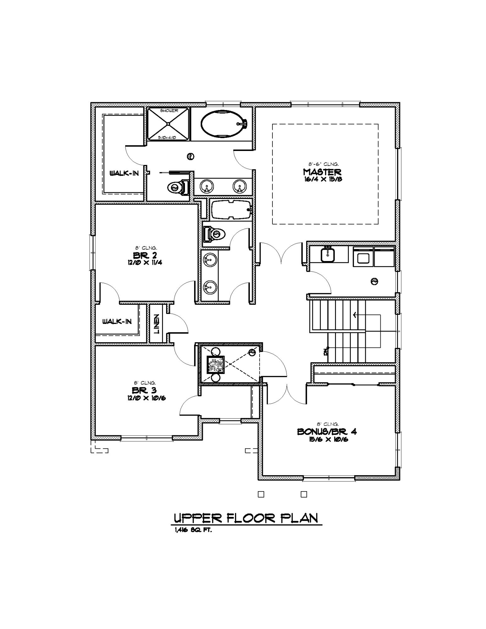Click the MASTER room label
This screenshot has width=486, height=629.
pos(322,172)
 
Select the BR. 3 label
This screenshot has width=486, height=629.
pos(144,390)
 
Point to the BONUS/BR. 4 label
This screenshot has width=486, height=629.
pos(327,431)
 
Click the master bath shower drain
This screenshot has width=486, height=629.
pos(169,124)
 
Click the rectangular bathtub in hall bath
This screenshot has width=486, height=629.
pos(232,210)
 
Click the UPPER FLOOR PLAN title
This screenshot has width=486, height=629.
pos(246,518)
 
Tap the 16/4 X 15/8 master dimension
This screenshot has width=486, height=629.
pos(322,179)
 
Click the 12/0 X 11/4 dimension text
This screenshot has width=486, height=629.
pos(144,262)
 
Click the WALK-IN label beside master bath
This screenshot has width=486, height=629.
pos(124,173)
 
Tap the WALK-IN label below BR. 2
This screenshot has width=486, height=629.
pos(117,321)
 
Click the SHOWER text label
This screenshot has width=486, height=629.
pos(169,111)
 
